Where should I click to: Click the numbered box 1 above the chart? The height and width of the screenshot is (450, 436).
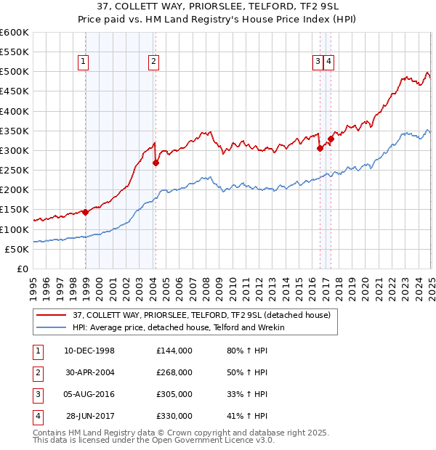point(84,62)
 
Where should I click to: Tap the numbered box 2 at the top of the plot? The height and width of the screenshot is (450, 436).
point(154,62)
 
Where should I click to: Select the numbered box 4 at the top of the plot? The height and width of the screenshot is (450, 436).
point(329,62)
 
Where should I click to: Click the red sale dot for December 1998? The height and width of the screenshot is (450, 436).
point(85,212)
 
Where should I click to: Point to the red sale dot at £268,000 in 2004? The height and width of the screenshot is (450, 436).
point(156,163)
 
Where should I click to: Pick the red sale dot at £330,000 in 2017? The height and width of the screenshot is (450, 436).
point(331,139)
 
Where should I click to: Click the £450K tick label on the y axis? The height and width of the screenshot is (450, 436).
point(14,91)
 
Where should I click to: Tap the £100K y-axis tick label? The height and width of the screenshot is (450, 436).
point(14,229)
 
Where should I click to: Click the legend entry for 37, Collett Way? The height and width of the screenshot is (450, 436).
point(201,315)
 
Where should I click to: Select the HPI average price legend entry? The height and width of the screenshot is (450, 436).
point(178,327)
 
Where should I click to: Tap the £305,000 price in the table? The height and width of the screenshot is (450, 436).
point(174,394)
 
